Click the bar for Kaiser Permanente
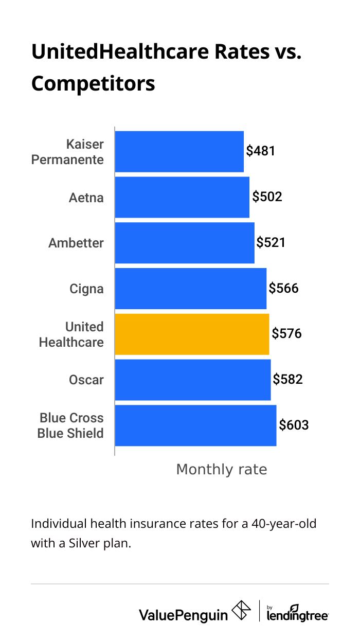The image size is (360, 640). point(179,151)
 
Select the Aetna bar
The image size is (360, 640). point(182,197)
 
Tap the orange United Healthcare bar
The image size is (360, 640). point(192,334)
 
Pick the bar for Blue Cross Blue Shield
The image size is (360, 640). point(195,425)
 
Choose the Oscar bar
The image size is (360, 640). point(192,380)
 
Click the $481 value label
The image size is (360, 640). point(261,151)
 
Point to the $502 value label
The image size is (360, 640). point(267,197)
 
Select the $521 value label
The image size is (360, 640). point(271,242)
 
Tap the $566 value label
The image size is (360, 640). point(283,288)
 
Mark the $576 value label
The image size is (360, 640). point(286,334)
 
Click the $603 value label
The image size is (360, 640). point(294,425)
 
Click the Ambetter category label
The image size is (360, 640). point(76,243)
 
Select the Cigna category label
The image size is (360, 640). point(86,289)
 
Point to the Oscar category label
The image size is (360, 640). point(86,380)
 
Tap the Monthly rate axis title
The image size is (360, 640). point(222,469)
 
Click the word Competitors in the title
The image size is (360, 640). point(93,83)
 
